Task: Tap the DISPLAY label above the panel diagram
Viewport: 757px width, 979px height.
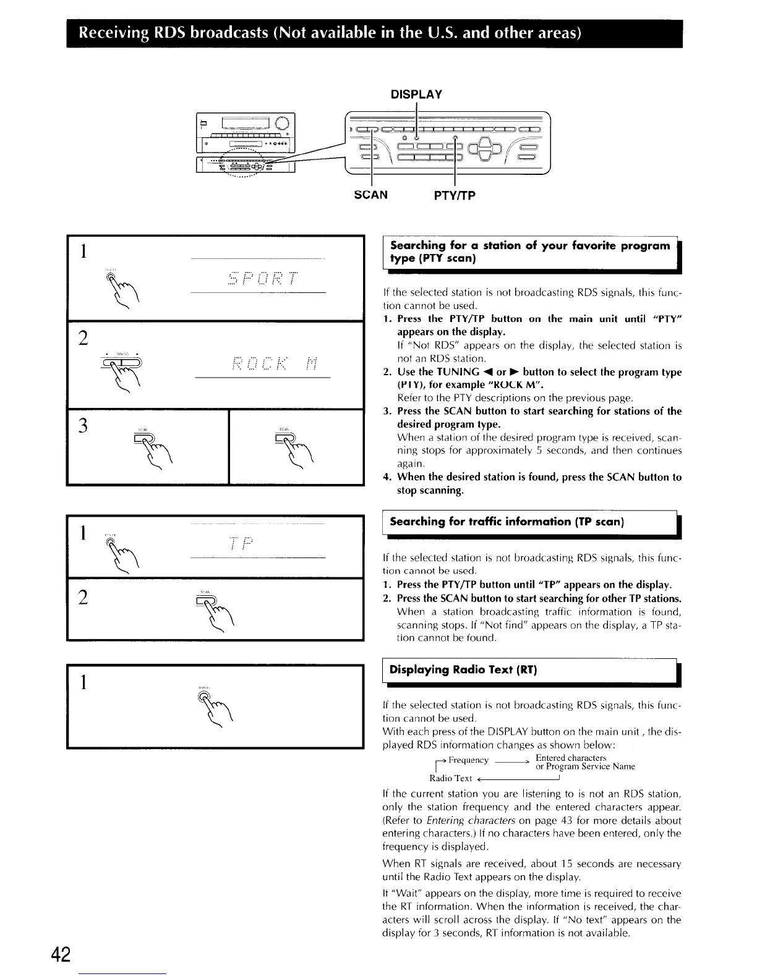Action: tap(416, 94)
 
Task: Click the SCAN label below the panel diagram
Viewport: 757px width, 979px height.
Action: tap(370, 195)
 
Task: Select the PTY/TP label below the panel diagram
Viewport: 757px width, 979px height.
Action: tap(455, 196)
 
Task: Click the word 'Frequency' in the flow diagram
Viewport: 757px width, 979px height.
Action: tap(468, 760)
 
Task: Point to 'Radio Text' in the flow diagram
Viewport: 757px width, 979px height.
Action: tap(451, 778)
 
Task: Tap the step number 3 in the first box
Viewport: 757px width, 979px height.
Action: tap(82, 426)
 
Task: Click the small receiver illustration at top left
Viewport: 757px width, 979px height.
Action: tap(246, 144)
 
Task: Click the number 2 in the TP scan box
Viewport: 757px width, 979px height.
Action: tap(82, 597)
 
